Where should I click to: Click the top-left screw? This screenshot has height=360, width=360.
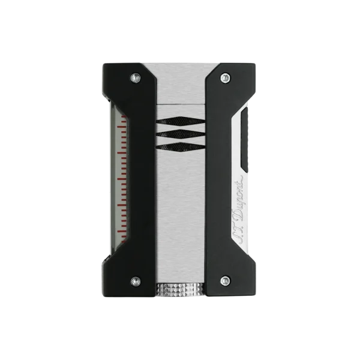coord(136,78)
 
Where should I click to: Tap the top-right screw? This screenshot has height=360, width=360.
coord(226,77)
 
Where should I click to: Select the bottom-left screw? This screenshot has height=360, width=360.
coord(136,281)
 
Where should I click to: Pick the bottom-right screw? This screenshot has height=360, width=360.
coord(226,281)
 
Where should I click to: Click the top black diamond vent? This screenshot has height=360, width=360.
coord(180,121)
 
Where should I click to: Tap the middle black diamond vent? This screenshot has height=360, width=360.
coord(180,134)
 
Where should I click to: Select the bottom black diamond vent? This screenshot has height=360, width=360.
coord(180,147)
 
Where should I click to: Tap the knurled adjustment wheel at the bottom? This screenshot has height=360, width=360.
coord(179,290)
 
